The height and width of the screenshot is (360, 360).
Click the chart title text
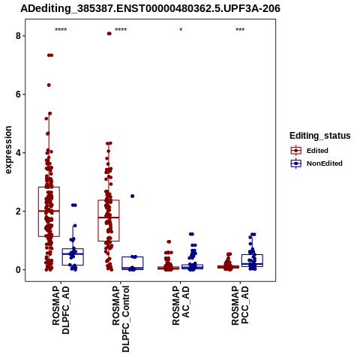[150, 8]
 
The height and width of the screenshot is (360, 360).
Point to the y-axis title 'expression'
[8, 150]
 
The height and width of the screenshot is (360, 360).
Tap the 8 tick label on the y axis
[18, 36]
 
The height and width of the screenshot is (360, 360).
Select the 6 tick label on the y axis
[18, 94]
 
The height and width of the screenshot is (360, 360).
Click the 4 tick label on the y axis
[18, 153]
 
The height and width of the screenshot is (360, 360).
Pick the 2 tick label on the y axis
[18, 211]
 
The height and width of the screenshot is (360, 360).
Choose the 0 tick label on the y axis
[18, 270]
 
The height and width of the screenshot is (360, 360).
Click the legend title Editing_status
[320, 136]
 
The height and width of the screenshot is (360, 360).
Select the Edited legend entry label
[317, 151]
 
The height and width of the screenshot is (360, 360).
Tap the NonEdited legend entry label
[325, 163]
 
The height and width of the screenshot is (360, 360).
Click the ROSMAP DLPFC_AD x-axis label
[61, 310]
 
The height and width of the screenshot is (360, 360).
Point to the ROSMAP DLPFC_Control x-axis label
[121, 319]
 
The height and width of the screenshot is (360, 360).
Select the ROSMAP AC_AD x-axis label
[181, 305]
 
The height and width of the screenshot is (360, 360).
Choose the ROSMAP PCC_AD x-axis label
[240, 305]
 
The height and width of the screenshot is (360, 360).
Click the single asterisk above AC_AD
[181, 30]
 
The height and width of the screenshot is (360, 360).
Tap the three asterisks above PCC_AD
[240, 30]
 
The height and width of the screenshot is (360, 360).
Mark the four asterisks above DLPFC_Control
[121, 30]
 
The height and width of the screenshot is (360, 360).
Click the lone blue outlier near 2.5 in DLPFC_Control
[133, 196]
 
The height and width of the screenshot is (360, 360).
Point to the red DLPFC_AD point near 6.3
[49, 85]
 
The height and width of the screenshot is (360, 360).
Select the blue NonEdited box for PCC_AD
[252, 260]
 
